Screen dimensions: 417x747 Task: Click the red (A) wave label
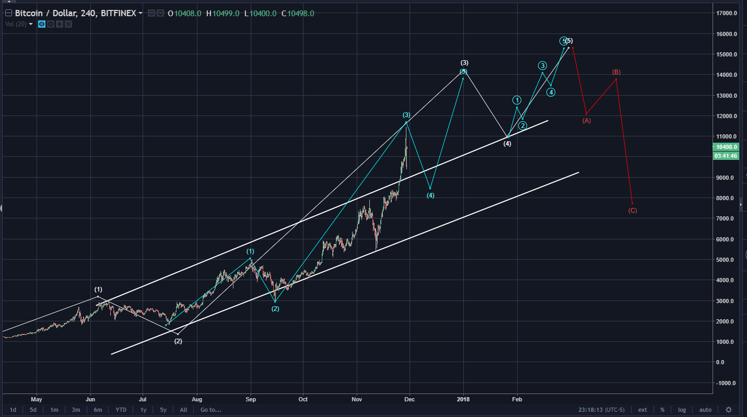(x=587, y=121)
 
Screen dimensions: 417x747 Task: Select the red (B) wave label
(x=616, y=72)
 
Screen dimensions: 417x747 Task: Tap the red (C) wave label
(x=633, y=211)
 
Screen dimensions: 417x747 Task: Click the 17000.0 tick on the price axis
(x=727, y=13)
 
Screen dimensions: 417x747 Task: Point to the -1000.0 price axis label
(x=726, y=383)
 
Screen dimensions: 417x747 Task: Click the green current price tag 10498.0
(x=726, y=147)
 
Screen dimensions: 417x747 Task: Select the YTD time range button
(x=121, y=410)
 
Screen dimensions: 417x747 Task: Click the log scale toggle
(x=682, y=410)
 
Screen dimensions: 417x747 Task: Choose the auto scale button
(x=705, y=410)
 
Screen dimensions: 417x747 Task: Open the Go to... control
(x=211, y=410)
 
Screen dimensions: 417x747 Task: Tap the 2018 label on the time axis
(x=463, y=399)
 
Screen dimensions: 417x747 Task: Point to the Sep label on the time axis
(x=251, y=399)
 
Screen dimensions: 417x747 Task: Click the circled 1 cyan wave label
(x=517, y=100)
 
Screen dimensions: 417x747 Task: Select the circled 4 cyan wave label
(x=551, y=92)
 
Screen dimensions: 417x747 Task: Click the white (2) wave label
(x=178, y=341)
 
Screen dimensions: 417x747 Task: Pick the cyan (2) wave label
(x=275, y=309)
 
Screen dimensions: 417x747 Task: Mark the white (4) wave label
(x=507, y=143)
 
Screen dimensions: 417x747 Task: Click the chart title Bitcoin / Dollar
(x=45, y=13)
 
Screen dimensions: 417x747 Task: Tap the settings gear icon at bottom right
(x=729, y=410)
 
